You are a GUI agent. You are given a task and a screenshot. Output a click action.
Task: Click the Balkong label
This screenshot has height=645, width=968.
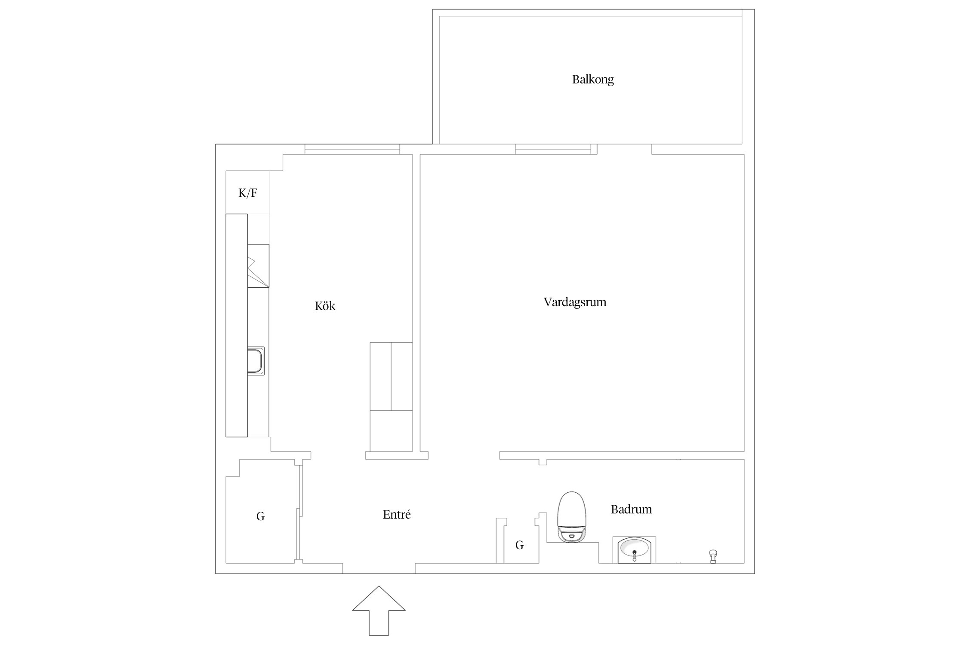point(592,80)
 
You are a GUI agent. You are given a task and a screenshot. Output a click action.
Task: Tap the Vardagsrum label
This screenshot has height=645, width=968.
point(575,302)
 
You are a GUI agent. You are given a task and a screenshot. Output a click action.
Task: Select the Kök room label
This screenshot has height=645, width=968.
point(325,306)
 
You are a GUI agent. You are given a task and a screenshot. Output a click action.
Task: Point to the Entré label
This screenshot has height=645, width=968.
point(397,514)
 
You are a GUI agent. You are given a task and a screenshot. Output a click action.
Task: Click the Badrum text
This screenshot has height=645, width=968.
point(631,509)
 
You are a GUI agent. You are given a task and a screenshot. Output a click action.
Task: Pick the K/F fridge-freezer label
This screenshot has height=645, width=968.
point(248,193)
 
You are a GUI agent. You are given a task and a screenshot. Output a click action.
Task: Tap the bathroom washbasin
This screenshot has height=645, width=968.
point(634,550)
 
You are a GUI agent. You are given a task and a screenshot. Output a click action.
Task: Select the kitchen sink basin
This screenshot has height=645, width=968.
point(256,361)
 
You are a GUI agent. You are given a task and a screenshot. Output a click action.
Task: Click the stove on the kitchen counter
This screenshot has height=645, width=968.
point(258,266)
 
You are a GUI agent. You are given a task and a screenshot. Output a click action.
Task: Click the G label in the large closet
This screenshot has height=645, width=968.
point(260,516)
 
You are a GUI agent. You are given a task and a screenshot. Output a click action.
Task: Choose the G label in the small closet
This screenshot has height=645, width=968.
point(519,545)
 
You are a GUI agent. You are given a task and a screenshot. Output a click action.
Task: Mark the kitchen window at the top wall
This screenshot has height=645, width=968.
point(352,149)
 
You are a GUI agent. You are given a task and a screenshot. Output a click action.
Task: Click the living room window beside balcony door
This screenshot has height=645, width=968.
point(553,149)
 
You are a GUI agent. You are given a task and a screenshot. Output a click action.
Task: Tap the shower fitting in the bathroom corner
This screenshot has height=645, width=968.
point(713,556)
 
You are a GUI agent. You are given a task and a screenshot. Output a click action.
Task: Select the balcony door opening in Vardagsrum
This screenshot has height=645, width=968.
point(624,149)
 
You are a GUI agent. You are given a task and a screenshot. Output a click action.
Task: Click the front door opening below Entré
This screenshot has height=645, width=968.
point(379,568)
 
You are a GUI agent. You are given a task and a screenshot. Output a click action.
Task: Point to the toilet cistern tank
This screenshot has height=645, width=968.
point(572,535)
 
